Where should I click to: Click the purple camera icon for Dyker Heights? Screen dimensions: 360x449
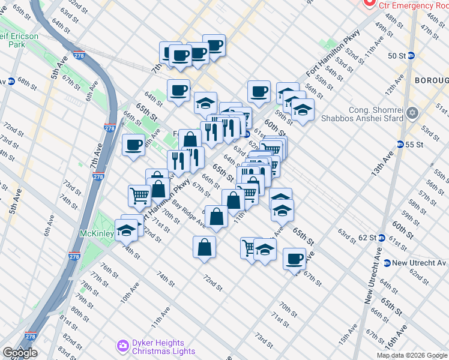point(123,346)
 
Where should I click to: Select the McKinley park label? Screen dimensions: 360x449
point(96,233)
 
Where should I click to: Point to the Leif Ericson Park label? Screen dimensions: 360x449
point(19,40)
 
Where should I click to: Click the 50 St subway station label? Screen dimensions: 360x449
point(397,56)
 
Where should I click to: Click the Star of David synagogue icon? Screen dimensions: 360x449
point(412,113)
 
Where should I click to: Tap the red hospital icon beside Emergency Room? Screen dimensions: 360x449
point(367,4)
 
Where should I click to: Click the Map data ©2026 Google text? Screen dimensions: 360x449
point(412,355)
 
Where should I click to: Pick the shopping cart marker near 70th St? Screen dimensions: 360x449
point(139,195)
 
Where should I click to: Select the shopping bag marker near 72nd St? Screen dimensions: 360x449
point(204,247)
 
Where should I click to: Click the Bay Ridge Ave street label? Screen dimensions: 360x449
point(188,214)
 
